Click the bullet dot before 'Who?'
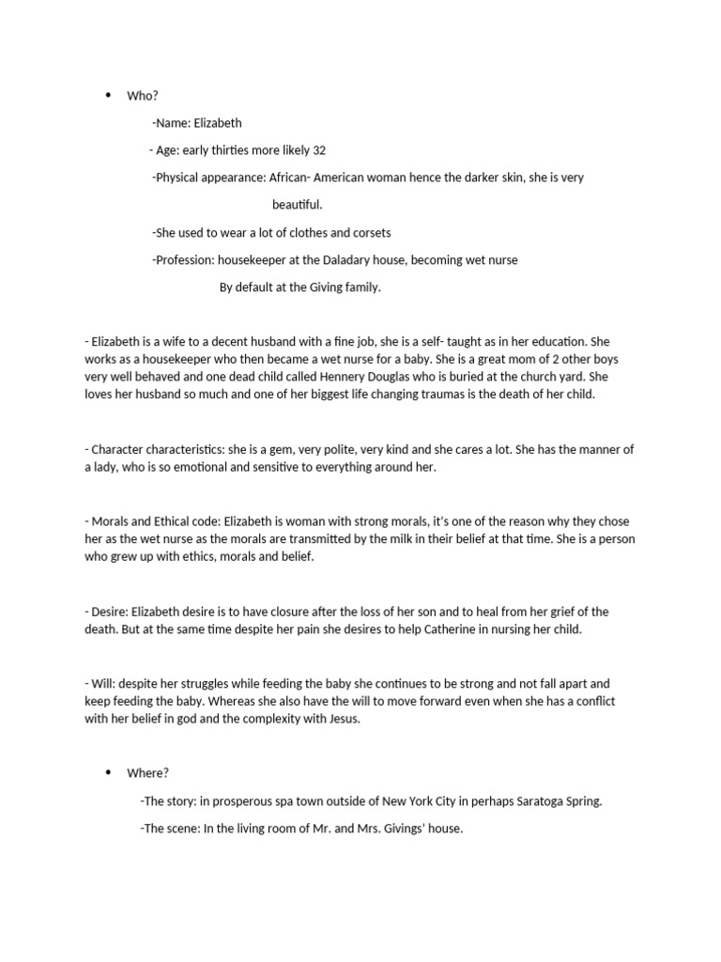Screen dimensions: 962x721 tap(108, 96)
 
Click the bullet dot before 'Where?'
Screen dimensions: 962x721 tap(108, 773)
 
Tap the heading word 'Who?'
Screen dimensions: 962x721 tap(140, 96)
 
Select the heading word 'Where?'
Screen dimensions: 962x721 tap(147, 773)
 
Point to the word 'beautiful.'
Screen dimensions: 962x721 tap(298, 205)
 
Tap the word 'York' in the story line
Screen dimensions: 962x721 tap(435, 801)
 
